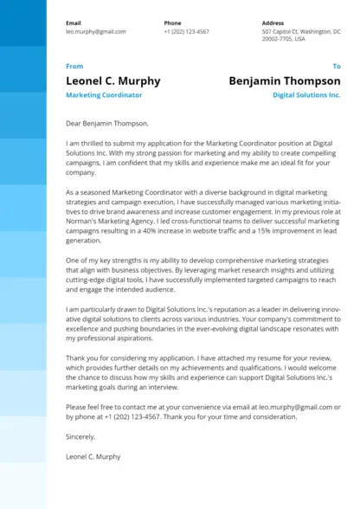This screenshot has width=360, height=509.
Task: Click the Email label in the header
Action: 74,23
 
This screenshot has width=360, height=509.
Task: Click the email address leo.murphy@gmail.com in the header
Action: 95,31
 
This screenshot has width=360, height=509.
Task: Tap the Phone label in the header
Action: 172,23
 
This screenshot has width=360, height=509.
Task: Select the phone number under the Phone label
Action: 186,31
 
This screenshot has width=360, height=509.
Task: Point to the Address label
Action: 273,23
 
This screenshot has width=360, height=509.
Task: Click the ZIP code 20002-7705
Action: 277,39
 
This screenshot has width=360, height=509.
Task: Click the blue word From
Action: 74,66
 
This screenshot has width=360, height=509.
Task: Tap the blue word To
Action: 337,66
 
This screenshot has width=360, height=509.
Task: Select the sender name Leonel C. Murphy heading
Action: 112,81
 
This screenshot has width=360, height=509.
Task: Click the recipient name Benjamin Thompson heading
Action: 285,81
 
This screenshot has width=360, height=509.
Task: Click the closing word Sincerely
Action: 80,436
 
